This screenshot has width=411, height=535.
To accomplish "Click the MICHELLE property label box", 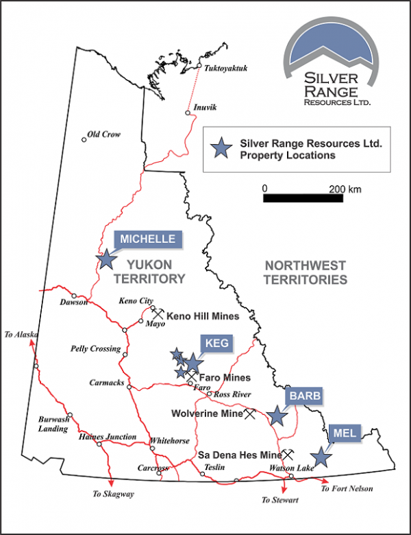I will [149, 239].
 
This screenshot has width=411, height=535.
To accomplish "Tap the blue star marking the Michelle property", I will [106, 259].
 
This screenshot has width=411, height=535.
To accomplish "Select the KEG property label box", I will [217, 343].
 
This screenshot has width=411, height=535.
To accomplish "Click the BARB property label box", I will [304, 396].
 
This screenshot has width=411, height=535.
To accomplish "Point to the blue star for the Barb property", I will [277, 416].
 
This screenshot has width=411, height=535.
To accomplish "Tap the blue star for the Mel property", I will [320, 457].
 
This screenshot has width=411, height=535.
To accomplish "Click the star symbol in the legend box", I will [220, 149].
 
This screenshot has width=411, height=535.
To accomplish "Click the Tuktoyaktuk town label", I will [226, 68].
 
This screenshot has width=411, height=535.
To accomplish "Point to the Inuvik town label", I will [205, 107].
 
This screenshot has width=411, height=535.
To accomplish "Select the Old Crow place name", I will [104, 134].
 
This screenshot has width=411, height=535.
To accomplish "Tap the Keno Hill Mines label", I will [202, 316].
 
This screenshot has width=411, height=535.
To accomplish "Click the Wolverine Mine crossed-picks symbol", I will [250, 414].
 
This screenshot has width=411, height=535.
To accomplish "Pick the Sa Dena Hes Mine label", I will [239, 454].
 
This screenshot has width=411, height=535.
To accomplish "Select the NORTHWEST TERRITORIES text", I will [306, 272].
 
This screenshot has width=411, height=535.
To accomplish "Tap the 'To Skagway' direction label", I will [114, 494].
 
